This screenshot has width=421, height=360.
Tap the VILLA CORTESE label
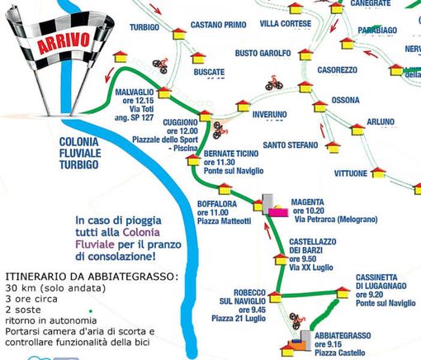[x=285, y=24]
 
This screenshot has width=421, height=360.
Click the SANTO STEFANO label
[x=291, y=145]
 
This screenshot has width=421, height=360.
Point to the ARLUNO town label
[x=381, y=122]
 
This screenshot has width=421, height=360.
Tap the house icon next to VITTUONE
[x=377, y=173]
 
